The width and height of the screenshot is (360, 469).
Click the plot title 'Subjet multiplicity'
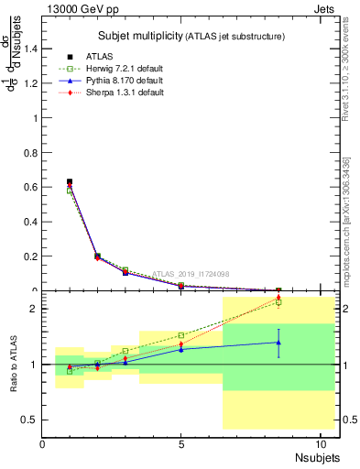[x=137, y=36]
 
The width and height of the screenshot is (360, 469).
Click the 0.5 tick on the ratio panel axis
[x=29, y=420]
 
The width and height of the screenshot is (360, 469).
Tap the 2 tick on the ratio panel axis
[x=34, y=309]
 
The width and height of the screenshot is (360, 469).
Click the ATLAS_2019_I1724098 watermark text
[x=191, y=273]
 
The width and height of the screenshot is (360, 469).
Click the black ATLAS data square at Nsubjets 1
[x=70, y=181]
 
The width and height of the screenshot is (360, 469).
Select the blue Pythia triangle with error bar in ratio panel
[x=278, y=342]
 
